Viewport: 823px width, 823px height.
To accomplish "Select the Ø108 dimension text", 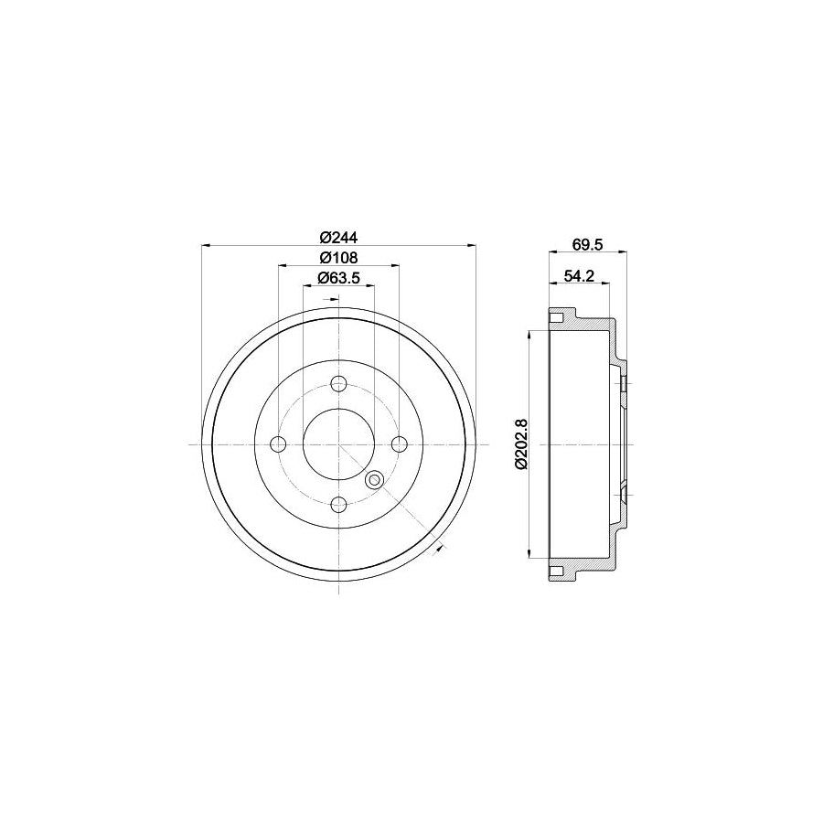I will point(338,258).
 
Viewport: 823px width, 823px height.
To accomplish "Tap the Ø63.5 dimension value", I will point(338,278).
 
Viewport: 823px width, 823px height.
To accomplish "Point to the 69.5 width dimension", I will point(585,243).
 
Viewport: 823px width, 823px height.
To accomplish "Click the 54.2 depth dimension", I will point(579,274).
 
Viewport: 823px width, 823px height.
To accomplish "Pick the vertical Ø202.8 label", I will point(522,444).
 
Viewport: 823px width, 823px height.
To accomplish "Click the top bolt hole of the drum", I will point(339,383).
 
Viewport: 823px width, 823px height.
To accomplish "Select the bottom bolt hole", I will point(339,504).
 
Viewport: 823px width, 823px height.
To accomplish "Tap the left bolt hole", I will point(279,444).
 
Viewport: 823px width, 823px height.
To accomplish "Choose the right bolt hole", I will point(400,444).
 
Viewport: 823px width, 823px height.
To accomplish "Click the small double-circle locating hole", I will point(373,480).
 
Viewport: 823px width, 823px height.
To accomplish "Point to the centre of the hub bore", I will point(339,444).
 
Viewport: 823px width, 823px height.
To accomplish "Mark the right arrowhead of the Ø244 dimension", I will point(473,245).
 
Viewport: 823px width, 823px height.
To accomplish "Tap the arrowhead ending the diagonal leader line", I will point(440,547).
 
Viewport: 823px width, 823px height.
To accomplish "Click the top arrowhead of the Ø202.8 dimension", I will point(529,334).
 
